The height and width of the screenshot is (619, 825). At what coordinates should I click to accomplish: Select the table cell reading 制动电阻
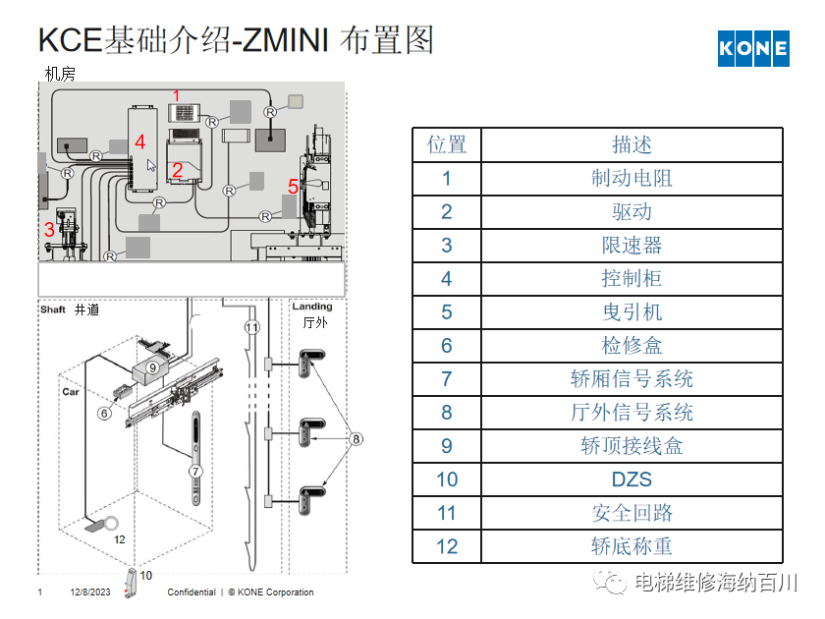632,179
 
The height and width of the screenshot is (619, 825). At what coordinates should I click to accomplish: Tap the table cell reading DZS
632,479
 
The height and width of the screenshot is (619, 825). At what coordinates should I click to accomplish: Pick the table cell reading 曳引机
632,312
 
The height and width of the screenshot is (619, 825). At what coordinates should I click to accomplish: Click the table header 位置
447,145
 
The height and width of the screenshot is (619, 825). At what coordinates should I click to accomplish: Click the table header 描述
632,145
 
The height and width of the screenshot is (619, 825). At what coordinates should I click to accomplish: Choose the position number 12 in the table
447,546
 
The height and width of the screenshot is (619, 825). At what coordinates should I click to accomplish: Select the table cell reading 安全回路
632,513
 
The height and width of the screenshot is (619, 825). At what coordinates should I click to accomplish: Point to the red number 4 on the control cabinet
139,141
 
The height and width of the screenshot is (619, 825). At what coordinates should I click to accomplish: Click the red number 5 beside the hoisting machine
293,186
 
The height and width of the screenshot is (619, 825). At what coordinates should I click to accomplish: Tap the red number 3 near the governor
49,230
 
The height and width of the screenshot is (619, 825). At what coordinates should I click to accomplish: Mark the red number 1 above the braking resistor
177,95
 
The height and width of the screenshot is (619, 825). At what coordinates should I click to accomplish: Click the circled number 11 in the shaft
251,327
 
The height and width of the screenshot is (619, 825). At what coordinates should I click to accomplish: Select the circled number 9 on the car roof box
153,366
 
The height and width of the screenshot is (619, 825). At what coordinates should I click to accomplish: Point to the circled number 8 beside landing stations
357,438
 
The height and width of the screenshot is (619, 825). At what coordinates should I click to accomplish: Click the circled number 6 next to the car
103,414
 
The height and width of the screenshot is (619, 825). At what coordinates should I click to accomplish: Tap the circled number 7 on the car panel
195,472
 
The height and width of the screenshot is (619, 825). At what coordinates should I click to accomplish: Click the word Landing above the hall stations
312,307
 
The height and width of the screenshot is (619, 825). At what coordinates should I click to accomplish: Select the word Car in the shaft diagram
71,391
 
